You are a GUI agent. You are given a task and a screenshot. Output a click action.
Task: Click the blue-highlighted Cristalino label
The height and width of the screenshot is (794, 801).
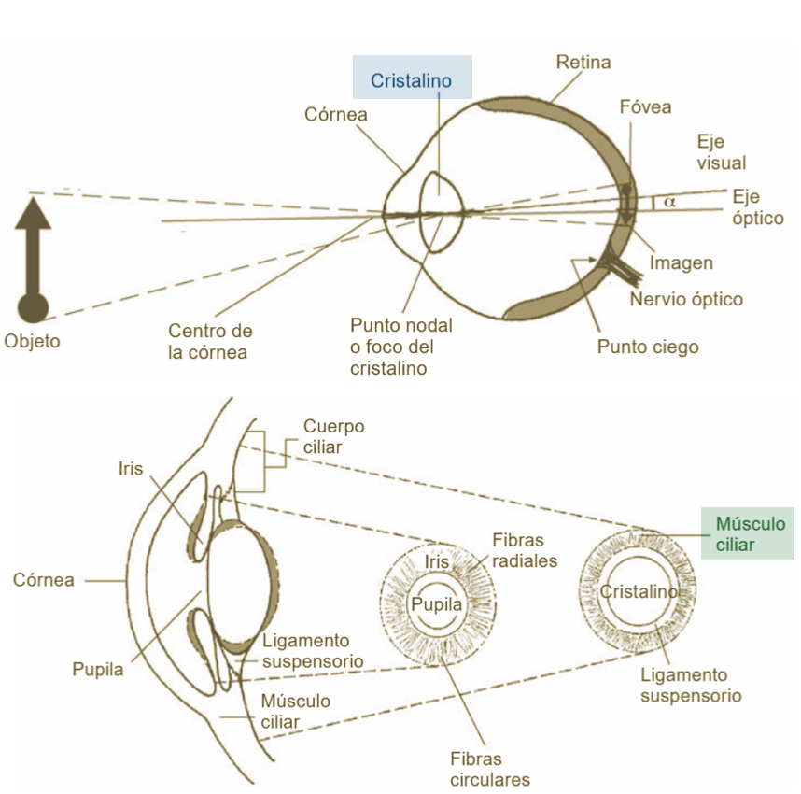coord(411,81)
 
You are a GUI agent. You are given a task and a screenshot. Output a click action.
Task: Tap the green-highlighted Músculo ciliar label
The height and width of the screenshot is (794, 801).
coord(750,533)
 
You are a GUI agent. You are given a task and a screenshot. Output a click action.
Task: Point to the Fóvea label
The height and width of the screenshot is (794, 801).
coord(645,107)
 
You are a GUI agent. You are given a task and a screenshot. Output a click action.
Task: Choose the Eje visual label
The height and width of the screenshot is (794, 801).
coord(722,152)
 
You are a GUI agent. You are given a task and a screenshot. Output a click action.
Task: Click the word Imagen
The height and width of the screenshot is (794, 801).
coord(681,263)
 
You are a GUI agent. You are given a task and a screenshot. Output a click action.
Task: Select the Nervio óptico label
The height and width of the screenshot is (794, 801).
coord(686,300)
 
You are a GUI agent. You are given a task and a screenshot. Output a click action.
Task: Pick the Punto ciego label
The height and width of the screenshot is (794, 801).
coord(648,347)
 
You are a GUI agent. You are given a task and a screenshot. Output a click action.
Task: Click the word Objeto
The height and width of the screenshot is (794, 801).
coord(32,341)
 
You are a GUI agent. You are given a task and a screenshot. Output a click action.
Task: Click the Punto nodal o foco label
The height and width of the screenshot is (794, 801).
coord(400,347)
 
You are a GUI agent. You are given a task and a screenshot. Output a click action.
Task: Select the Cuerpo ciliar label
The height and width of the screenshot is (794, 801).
coord(333,437)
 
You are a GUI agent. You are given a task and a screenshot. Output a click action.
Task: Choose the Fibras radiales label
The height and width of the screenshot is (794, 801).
coord(523,550)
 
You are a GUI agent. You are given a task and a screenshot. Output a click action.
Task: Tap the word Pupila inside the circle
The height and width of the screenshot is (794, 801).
coord(436,604)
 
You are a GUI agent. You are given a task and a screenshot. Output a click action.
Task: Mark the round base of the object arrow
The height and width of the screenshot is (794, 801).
coord(34,305)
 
